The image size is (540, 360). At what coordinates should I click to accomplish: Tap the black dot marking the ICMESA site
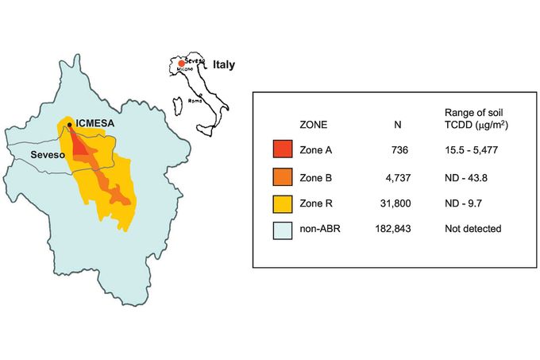pyautogui.click(x=70, y=125)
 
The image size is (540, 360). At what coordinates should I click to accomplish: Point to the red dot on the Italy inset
pyautogui.click(x=182, y=64)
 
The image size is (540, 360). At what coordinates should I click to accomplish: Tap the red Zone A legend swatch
pyautogui.click(x=283, y=150)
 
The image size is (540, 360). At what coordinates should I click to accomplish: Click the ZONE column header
pyautogui.click(x=313, y=125)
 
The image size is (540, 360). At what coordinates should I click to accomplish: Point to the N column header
pyautogui.click(x=398, y=125)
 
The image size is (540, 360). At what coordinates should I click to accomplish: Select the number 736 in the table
pyautogui.click(x=400, y=150)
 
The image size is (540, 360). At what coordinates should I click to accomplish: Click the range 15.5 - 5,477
pyautogui.click(x=475, y=150)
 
